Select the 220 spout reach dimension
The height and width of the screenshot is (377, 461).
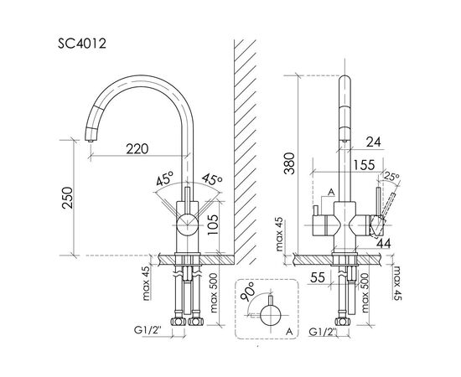137,149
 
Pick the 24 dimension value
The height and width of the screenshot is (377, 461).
373,143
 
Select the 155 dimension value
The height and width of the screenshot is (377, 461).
364,166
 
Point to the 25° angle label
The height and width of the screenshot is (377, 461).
391,176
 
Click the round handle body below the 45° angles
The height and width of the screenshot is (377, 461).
186,225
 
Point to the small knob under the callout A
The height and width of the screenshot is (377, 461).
319,220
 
